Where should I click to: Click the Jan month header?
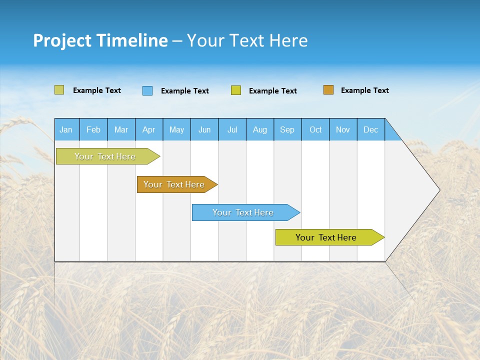tap(66, 129)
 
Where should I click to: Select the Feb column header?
tap(93, 129)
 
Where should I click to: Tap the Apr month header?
tap(148, 129)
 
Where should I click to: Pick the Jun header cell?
tap(204, 129)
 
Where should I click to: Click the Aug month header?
tap(259, 129)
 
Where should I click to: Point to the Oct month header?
tap(315, 129)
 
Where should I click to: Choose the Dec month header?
tap(370, 129)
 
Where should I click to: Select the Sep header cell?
tap(287, 129)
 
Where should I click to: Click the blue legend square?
tap(147, 90)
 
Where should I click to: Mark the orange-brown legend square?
tap(328, 90)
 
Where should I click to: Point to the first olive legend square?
tap(59, 90)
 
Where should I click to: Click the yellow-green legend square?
tap(236, 90)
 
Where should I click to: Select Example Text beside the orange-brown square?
tap(364, 90)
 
